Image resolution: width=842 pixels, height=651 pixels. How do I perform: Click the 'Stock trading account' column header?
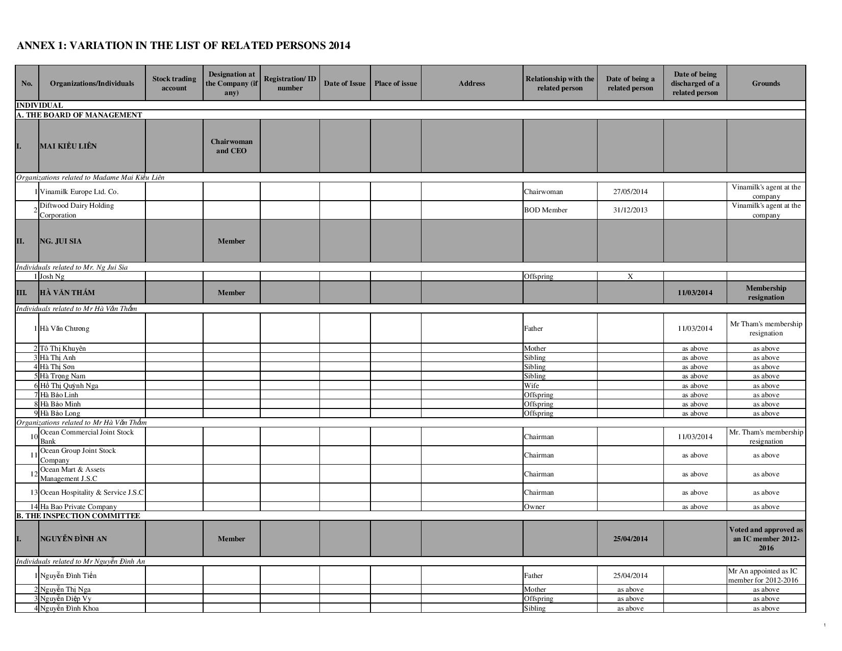[x=174, y=83]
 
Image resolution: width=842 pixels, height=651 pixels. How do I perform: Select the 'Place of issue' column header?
[x=395, y=83]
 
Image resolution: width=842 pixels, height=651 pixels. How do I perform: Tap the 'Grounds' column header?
[x=765, y=83]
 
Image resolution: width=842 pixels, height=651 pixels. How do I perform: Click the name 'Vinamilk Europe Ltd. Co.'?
[x=79, y=192]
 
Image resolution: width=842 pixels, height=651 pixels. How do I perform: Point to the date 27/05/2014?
[x=630, y=192]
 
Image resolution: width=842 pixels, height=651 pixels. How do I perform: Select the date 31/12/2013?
[x=630, y=210]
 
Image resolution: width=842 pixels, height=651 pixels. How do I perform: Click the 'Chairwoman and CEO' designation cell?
[x=231, y=146]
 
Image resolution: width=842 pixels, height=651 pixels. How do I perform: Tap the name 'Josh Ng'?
[x=52, y=277]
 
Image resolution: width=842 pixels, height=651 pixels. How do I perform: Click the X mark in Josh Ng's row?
[x=630, y=276]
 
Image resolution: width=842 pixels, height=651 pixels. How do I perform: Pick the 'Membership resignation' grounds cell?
[x=765, y=293]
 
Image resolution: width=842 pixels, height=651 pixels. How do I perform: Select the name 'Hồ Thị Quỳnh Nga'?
[x=69, y=385]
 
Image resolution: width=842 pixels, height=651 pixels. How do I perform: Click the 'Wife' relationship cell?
[x=531, y=385]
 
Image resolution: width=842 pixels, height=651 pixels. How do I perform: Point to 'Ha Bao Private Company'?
[x=79, y=507]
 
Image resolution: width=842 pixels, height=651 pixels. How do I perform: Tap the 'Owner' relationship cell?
[x=534, y=507]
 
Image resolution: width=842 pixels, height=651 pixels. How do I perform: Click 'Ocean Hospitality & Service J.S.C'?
[x=92, y=492]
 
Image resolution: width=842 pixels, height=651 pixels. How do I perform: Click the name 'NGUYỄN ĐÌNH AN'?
[x=73, y=539]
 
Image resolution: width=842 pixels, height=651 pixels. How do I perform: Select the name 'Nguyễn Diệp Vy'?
[x=66, y=598]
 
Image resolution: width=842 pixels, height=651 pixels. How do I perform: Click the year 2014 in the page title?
[x=339, y=45]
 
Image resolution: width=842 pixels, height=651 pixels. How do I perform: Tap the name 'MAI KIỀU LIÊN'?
[x=68, y=146]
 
